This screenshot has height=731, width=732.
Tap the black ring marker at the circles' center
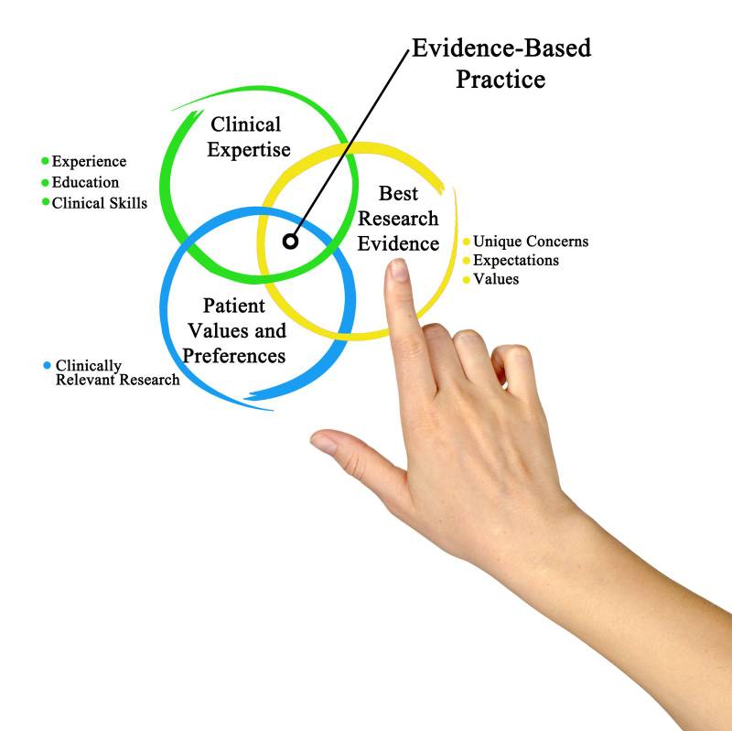(x=291, y=242)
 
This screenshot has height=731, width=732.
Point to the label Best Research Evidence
(x=399, y=219)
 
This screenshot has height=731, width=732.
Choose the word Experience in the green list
(x=89, y=162)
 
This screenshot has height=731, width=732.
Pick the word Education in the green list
(x=85, y=182)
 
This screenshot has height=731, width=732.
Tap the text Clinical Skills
(x=99, y=203)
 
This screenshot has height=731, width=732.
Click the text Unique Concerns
(x=530, y=242)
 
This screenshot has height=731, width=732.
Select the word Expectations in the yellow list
(x=515, y=261)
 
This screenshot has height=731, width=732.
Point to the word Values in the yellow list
(x=495, y=279)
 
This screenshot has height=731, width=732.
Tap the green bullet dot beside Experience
(x=44, y=162)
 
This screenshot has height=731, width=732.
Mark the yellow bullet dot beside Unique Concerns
(x=466, y=242)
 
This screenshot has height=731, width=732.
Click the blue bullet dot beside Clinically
(x=48, y=365)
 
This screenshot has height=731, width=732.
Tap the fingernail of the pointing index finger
(x=398, y=270)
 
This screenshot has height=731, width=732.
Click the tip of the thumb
(x=322, y=443)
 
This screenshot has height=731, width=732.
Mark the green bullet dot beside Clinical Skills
(x=44, y=202)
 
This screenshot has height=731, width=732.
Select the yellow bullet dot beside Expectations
(x=466, y=261)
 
